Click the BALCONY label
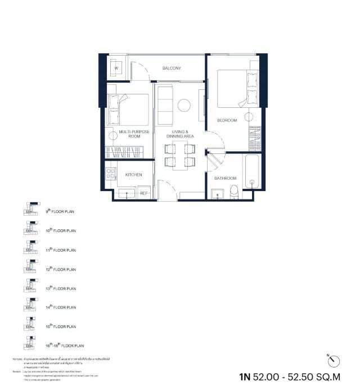point(172,69)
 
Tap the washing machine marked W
point(116,69)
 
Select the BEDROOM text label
point(227,120)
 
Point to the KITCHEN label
point(133,175)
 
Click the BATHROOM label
point(225,178)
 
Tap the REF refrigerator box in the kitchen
point(143,193)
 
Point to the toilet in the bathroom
point(234,193)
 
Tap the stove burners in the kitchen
point(111,174)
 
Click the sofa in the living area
point(165,105)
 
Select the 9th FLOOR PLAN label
point(60,212)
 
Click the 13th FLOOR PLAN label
point(60,288)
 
